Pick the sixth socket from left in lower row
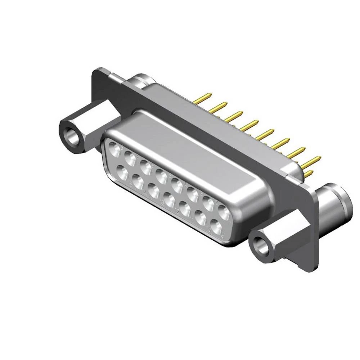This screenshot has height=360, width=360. coord(200,218)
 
